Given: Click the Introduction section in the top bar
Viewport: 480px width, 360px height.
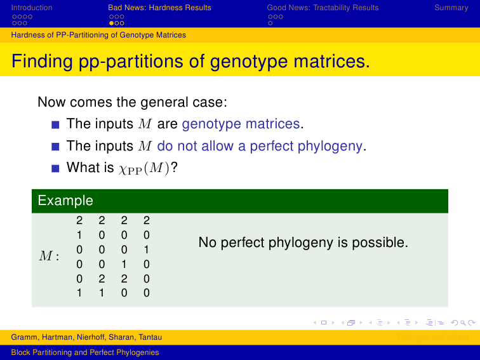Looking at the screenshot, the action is [x=32, y=8].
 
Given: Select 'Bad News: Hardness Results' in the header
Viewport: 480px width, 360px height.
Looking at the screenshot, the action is [x=159, y=8].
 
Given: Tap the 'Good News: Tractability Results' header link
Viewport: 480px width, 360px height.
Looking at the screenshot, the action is [x=323, y=8].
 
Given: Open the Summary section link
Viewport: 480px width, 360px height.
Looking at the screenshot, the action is [x=451, y=8].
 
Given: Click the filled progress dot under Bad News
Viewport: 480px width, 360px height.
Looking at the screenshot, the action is [x=112, y=23].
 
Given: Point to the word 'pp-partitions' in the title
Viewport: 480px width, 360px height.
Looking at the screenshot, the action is [x=131, y=61].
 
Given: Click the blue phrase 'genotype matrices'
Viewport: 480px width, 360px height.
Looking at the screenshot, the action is [x=241, y=124].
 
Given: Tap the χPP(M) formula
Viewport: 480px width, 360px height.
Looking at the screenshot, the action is [x=143, y=168].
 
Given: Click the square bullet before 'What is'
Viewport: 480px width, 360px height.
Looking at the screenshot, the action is [x=55, y=168].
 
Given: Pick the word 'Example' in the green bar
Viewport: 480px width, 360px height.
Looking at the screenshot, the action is [x=65, y=201].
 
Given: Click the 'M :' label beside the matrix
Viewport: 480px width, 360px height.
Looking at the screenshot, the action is [x=49, y=257].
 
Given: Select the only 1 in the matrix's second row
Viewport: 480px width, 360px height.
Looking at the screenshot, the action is [x=79, y=235].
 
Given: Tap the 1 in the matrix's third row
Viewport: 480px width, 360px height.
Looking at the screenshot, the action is [x=146, y=250].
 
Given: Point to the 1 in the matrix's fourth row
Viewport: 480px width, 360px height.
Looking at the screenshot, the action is [x=124, y=264].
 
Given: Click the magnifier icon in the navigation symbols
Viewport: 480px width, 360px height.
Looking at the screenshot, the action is [x=463, y=323].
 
